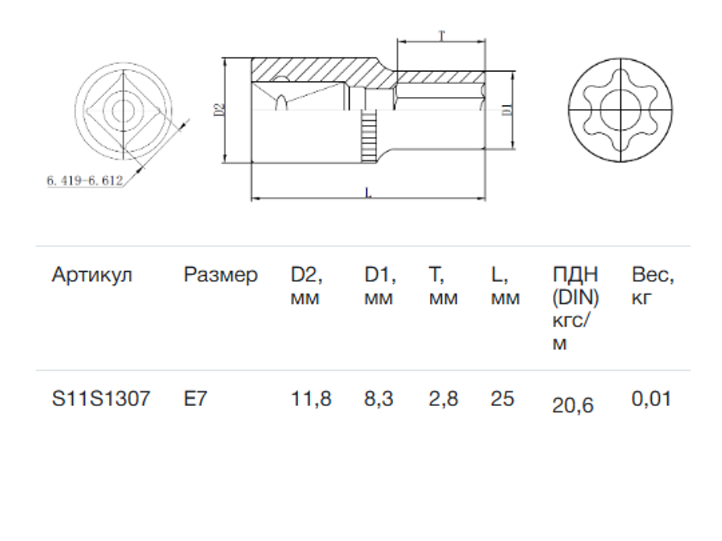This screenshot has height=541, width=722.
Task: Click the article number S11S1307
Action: coord(101,399)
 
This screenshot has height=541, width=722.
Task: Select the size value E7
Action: coord(195,399)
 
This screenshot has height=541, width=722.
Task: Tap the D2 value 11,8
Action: coord(311,399)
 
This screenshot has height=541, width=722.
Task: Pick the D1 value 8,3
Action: coord(379,399)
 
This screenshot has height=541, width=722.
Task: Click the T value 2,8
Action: coord(443,399)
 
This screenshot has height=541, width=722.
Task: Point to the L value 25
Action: coord(502,399)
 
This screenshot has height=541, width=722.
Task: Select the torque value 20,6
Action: coord(573,405)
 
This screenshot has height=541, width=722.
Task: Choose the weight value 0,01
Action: coord(650,399)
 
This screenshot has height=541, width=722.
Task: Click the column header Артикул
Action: coord(92,275)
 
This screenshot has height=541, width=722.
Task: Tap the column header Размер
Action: coord(221,275)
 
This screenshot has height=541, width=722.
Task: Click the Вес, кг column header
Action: coord(653,286)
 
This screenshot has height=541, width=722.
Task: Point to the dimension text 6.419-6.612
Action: coord(84,180)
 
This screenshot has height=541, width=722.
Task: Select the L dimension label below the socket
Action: coord(368,193)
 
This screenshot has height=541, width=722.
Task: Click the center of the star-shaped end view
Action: coord(618,110)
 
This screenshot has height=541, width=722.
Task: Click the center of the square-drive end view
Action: coord(123,110)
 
